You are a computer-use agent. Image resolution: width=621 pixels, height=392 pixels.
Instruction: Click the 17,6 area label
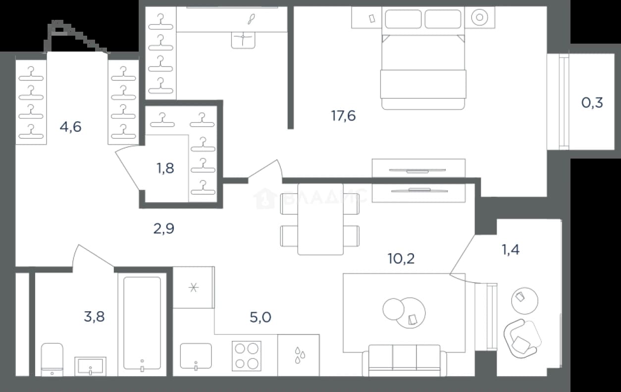pyautogui.click(x=343, y=115)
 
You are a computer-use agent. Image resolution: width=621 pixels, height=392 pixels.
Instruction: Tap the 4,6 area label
pyautogui.click(x=70, y=127)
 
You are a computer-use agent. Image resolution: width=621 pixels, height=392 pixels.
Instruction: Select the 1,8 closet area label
pyautogui.click(x=165, y=168)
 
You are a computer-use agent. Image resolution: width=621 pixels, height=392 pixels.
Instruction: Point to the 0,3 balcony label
pyautogui.click(x=592, y=103)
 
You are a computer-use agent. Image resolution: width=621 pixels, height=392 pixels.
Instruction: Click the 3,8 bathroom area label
pyautogui.click(x=94, y=317)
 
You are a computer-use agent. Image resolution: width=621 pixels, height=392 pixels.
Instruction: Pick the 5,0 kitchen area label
pyautogui.click(x=260, y=317)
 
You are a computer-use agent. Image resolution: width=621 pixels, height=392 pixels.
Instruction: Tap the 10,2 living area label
pyautogui.click(x=401, y=259)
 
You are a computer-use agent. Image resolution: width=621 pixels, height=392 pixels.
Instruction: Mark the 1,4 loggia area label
pyautogui.click(x=511, y=250)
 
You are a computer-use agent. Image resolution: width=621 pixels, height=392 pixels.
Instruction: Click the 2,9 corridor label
pyautogui.click(x=164, y=228)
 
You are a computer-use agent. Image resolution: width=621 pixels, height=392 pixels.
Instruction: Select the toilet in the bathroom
pyautogui.click(x=52, y=360)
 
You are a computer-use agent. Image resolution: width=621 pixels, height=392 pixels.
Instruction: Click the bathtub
pyautogui.click(x=142, y=323)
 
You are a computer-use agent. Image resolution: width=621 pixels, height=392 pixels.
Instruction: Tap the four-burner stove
pyautogui.click(x=247, y=356)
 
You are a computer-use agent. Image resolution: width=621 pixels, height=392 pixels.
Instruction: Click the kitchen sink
pyautogui.click(x=196, y=356)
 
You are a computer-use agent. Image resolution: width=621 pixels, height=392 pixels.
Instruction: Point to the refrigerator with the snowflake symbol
pyautogui.click(x=194, y=287)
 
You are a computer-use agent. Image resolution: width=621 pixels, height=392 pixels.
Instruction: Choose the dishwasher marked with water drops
pyautogui.click(x=298, y=355)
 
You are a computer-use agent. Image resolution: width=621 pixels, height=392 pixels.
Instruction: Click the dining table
pyautogui.click(x=320, y=219)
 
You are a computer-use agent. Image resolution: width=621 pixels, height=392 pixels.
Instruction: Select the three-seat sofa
pyautogui.click(x=405, y=360)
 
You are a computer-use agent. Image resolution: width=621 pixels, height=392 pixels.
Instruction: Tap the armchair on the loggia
pyautogui.click(x=522, y=338)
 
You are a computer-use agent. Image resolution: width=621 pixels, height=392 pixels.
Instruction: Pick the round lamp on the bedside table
pyautogui.click(x=479, y=17)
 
